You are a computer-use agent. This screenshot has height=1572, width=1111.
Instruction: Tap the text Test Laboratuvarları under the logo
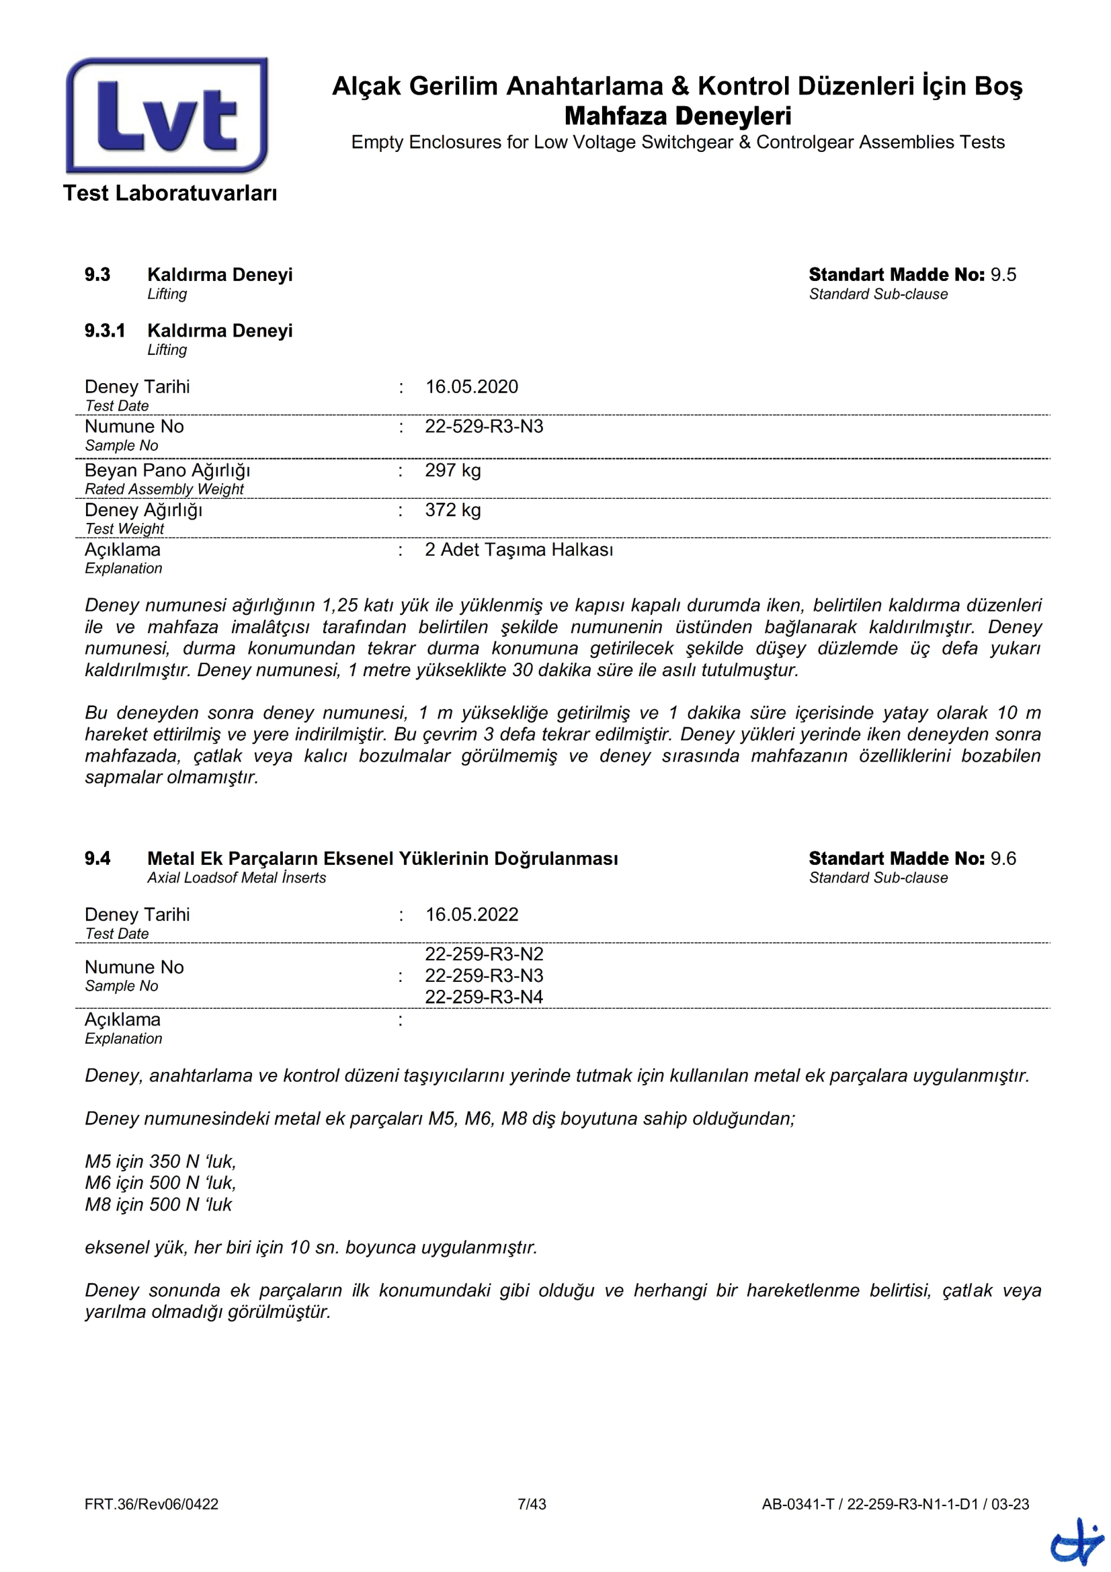coord(170,193)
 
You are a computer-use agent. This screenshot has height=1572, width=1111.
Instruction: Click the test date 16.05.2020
coord(472,387)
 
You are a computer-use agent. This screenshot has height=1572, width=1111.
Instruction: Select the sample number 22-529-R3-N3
coord(484,427)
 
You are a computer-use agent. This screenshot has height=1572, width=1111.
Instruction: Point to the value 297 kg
coord(452,470)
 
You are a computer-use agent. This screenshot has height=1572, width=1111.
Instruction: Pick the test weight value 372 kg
coord(452,510)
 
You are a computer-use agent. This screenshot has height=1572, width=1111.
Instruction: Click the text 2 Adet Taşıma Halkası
coord(519,550)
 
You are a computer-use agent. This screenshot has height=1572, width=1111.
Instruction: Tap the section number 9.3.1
coord(105,331)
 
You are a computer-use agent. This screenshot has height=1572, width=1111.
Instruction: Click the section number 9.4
coord(97,858)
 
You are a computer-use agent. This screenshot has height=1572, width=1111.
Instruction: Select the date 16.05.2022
coord(472,915)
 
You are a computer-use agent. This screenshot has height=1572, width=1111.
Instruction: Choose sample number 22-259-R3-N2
coord(484,954)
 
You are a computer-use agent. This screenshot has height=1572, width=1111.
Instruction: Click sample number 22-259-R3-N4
coord(484,997)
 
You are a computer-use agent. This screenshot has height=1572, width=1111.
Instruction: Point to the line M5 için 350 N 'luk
coord(160,1162)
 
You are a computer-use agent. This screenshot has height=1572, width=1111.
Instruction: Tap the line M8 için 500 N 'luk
coord(158,1204)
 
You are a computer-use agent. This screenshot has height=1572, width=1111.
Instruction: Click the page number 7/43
coord(532,1504)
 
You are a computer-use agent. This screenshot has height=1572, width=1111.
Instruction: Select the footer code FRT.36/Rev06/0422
coord(151,1504)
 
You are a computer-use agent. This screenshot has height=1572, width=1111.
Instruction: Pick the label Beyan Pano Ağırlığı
coord(167,470)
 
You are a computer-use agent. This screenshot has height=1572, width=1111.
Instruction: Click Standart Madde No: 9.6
coord(912,858)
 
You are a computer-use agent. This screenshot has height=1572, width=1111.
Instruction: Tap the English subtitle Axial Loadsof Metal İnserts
coord(236,878)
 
